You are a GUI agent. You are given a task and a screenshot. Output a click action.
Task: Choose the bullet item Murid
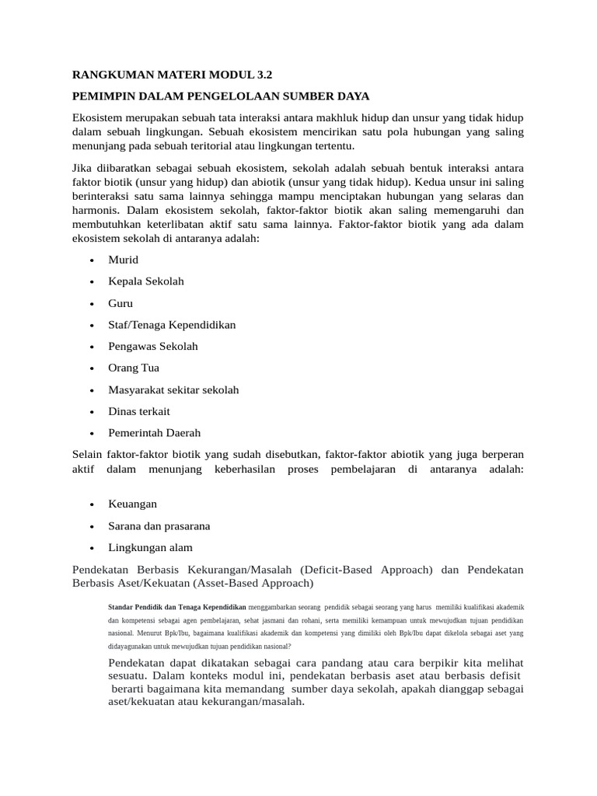[x=124, y=260]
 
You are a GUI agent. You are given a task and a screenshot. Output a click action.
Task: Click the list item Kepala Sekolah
[x=146, y=281]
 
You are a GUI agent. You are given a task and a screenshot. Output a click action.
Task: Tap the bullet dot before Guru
[x=93, y=304]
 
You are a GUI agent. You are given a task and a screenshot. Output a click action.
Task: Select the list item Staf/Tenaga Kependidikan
[x=172, y=325]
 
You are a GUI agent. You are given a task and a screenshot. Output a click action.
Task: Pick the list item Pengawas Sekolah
[x=153, y=347]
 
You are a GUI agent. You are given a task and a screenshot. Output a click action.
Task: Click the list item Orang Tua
[x=134, y=368]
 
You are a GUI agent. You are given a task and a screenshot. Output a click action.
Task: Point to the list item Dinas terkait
[x=139, y=411]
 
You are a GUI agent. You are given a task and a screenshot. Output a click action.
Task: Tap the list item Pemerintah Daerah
[x=155, y=433]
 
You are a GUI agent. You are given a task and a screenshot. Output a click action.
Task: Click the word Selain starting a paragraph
[x=89, y=454]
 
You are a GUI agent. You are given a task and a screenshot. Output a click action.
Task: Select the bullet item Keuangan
[x=132, y=504]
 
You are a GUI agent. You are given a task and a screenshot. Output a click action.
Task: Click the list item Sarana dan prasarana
[x=159, y=526]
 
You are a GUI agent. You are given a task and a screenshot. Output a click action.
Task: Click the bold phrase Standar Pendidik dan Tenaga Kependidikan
[x=176, y=606]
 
